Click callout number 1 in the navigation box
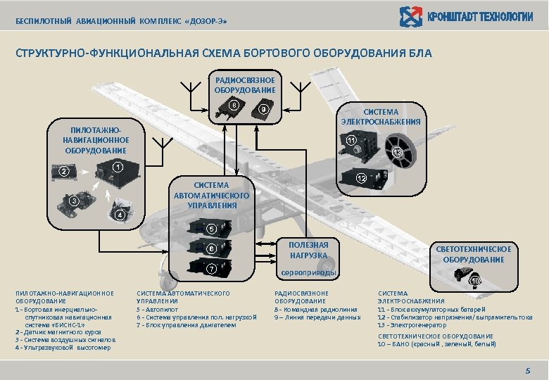pyautogui.click(x=118, y=167)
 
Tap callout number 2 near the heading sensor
pyautogui.click(x=63, y=172)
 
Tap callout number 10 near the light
pyautogui.click(x=475, y=281)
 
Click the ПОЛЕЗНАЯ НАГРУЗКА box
pyautogui.click(x=308, y=250)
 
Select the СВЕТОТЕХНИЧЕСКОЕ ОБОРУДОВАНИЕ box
pyautogui.click(x=473, y=254)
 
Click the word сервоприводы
pyautogui.click(x=309, y=273)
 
